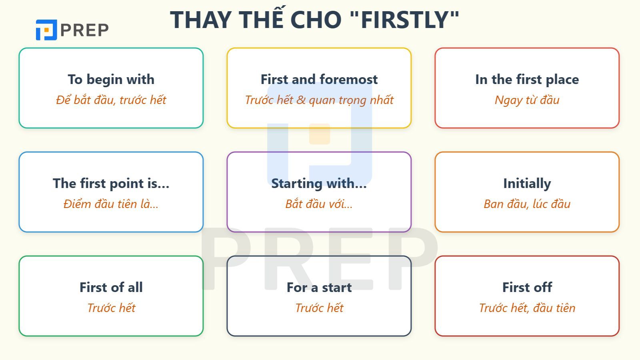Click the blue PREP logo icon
(x=46, y=30)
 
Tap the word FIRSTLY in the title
(x=406, y=20)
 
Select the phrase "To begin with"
(x=111, y=79)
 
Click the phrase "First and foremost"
(x=319, y=79)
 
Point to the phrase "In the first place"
(x=527, y=79)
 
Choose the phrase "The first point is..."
(x=111, y=183)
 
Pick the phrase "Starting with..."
(x=319, y=183)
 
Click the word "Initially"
(x=527, y=183)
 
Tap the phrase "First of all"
(x=111, y=287)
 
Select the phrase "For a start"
(x=319, y=287)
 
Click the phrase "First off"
(x=527, y=287)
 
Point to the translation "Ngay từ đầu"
(x=527, y=100)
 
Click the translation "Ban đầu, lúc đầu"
(x=527, y=204)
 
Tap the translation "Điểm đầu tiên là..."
(x=111, y=204)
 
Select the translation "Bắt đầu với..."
(x=319, y=204)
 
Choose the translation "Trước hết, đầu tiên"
(x=527, y=308)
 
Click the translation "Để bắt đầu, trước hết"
(x=111, y=100)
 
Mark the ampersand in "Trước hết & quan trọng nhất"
(x=301, y=100)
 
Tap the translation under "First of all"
(x=111, y=308)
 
